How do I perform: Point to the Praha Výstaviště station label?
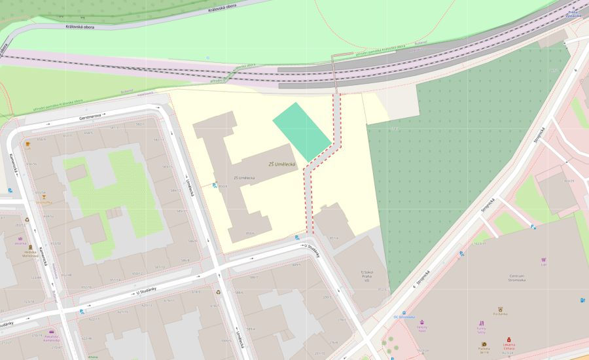(573, 14)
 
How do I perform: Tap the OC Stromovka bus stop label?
(404, 317)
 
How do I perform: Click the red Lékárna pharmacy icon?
(509, 340)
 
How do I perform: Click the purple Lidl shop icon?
(543, 261)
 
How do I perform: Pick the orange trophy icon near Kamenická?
(44, 196)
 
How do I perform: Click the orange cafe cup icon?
(28, 143)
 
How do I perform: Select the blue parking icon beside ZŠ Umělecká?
(215, 186)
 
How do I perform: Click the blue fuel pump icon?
(582, 300)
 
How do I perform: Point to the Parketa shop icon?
(484, 344)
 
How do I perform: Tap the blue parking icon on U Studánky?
(298, 238)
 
